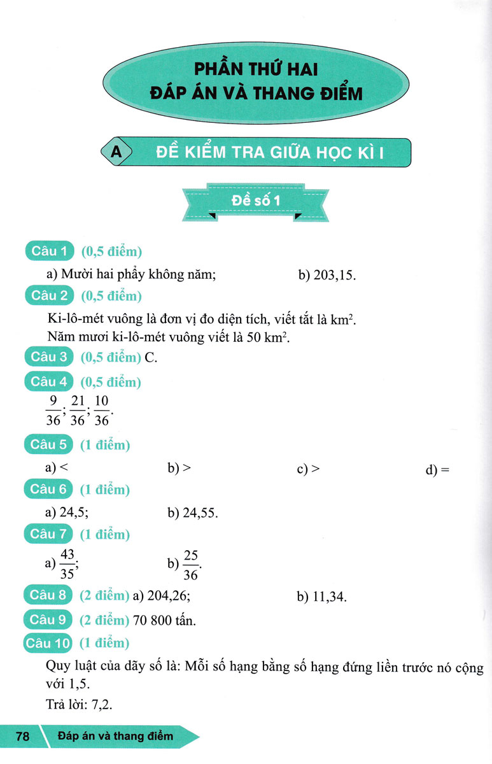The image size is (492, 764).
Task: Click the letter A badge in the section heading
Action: [x=115, y=152]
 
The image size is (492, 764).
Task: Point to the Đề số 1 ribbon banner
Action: [x=255, y=202]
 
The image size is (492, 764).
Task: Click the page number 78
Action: [x=23, y=737]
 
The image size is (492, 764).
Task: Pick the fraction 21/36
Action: [x=78, y=411]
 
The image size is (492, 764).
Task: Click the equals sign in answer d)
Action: [x=445, y=470]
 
